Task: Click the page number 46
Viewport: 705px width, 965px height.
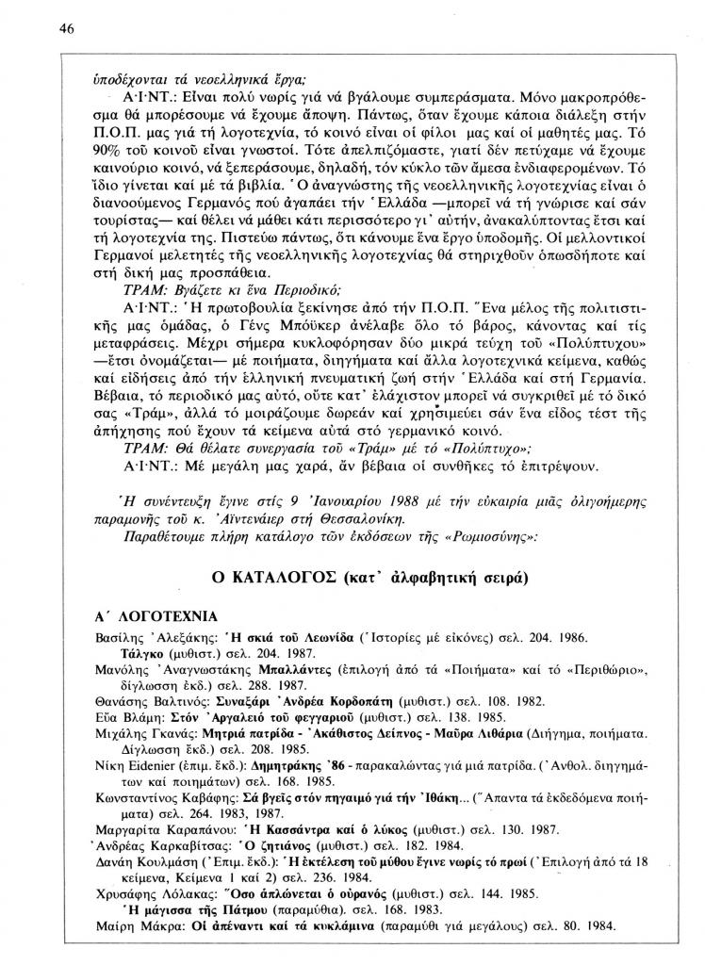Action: point(66,29)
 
